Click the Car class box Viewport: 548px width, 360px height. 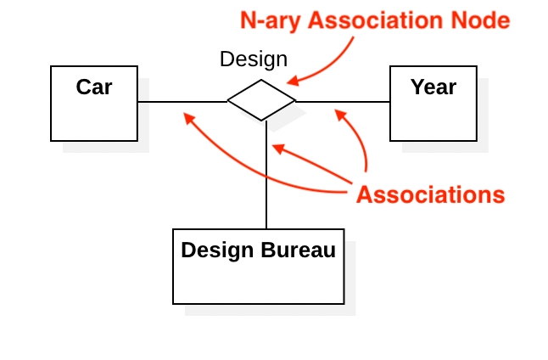click(94, 104)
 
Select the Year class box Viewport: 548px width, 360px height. click(433, 104)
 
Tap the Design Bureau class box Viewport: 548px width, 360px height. click(259, 267)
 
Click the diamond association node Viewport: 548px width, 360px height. click(261, 100)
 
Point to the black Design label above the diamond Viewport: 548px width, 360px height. click(254, 59)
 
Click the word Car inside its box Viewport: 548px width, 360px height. click(94, 87)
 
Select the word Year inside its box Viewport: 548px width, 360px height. click(433, 87)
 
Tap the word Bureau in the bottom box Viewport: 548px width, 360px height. click(298, 250)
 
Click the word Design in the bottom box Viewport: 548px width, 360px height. click(217, 250)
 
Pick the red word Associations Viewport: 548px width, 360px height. click(431, 194)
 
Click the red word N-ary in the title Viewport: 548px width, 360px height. click(271, 20)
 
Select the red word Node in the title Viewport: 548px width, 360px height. click(480, 20)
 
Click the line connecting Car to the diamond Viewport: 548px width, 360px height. click(182, 102)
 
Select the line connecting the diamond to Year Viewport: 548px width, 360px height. click(343, 102)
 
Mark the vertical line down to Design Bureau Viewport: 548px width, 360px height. click(266, 175)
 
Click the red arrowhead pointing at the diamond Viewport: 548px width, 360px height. click(293, 81)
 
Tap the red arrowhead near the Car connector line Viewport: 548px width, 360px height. click(189, 118)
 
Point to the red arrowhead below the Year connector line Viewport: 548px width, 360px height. click(340, 115)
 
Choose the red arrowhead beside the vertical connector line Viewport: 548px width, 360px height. click(278, 149)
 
